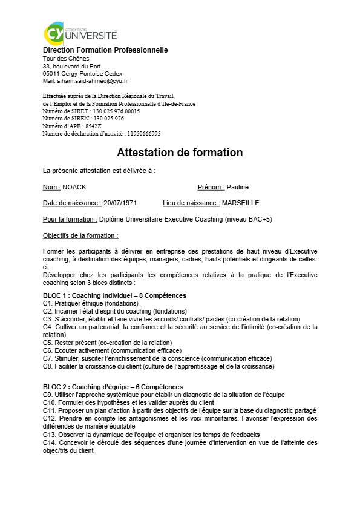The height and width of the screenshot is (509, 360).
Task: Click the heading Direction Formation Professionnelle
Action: click(105, 50)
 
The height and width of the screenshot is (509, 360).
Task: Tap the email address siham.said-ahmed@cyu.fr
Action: click(93, 80)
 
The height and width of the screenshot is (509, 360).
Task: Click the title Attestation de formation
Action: click(180, 153)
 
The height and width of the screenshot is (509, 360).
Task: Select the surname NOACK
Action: click(75, 187)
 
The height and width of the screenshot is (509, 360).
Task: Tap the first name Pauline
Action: click(238, 187)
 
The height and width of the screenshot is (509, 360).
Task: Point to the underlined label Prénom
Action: click(211, 187)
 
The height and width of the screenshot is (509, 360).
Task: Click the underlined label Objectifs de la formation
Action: click(81, 235)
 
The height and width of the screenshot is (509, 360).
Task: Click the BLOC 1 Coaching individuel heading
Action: click(114, 295)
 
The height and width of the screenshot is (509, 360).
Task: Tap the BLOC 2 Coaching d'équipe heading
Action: click(113, 387)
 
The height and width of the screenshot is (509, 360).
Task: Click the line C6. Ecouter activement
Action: click(112, 350)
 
